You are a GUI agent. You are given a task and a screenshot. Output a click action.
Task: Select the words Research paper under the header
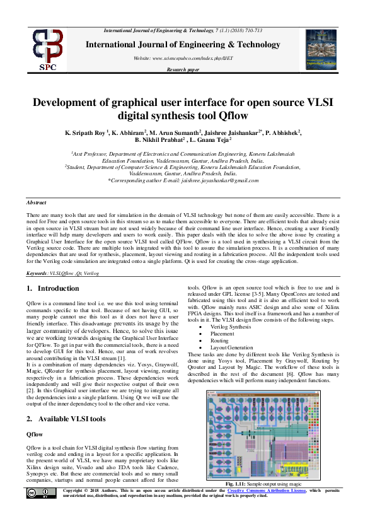pyautogui.click(x=182, y=69)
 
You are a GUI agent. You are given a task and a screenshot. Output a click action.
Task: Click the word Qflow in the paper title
pyautogui.click(x=231, y=115)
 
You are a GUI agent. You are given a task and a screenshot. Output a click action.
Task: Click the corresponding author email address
pyautogui.click(x=219, y=180)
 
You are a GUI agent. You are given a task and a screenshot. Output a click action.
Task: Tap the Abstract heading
pyautogui.click(x=37, y=202)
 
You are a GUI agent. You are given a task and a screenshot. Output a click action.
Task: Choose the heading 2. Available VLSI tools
pyautogui.click(x=66, y=419)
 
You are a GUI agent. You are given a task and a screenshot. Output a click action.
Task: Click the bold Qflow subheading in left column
pyautogui.click(x=34, y=435)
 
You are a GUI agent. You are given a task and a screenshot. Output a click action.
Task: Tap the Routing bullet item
pyautogui.click(x=220, y=341)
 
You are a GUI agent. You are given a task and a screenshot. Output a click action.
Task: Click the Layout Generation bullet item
pyautogui.click(x=230, y=347)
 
